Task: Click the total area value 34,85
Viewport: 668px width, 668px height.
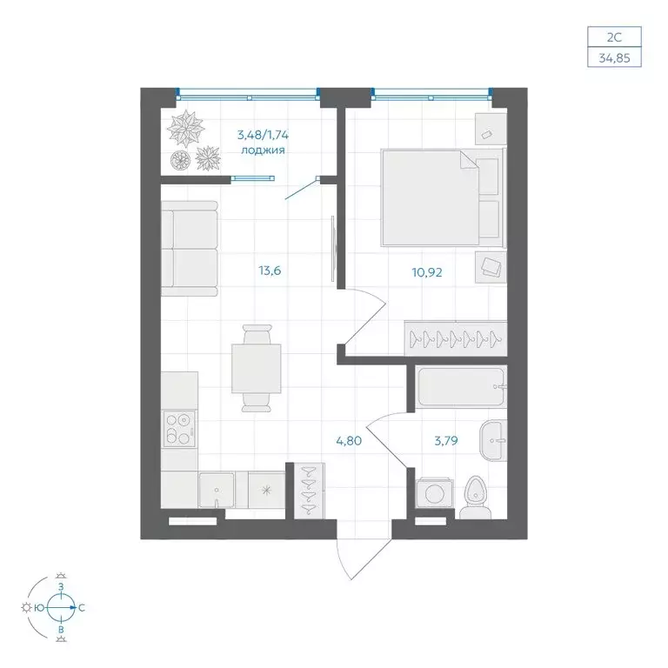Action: (614, 58)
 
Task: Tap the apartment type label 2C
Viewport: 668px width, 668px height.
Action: (614, 37)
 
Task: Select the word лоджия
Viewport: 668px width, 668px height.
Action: (263, 150)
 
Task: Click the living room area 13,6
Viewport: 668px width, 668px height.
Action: (270, 271)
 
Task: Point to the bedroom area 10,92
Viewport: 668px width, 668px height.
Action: (427, 272)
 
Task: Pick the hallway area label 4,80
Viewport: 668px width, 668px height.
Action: (349, 441)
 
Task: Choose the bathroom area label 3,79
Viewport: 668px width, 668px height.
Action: (446, 440)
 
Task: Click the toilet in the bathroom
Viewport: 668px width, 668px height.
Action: (476, 498)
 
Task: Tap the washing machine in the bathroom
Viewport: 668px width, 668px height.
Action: (435, 493)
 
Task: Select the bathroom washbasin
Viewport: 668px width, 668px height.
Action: (493, 440)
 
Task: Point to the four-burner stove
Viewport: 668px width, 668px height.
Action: (179, 429)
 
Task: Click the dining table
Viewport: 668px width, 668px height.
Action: (256, 369)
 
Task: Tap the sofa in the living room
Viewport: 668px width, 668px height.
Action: (189, 249)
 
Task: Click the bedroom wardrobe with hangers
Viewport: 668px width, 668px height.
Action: (456, 338)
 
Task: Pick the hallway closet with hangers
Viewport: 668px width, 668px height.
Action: (310, 491)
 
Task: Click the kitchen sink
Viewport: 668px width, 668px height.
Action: (217, 490)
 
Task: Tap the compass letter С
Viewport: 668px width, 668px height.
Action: (82, 608)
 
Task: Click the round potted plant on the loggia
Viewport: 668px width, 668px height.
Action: (182, 160)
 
